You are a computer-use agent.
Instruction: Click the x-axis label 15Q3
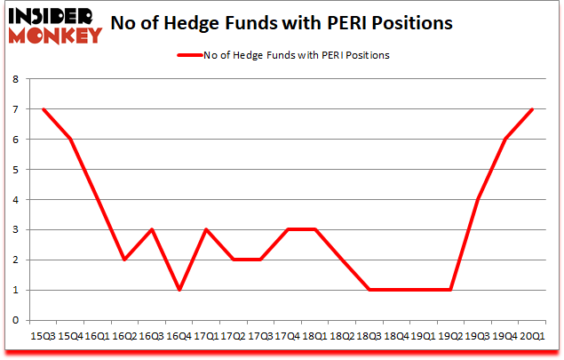(43, 337)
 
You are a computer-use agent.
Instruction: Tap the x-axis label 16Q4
(179, 337)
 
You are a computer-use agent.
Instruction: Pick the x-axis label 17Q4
(289, 337)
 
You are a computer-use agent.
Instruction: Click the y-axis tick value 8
(16, 79)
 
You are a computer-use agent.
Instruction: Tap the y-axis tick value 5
(16, 170)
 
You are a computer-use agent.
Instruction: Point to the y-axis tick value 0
(16, 320)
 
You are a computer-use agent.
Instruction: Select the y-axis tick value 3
(16, 229)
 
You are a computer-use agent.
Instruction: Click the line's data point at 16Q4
(179, 290)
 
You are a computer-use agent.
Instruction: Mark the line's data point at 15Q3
(43, 109)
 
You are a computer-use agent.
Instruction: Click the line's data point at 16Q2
(124, 260)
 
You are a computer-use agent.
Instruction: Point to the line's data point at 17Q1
(207, 229)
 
